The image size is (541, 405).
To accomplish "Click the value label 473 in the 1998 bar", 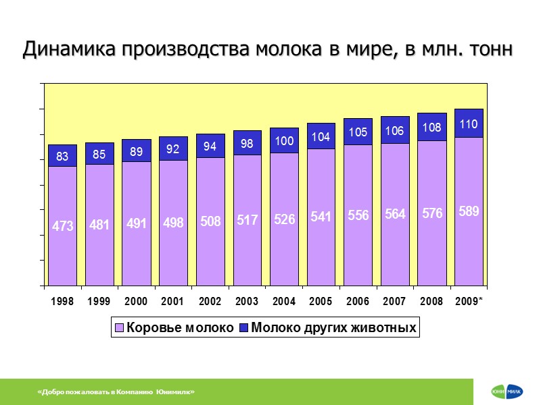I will click(x=63, y=227).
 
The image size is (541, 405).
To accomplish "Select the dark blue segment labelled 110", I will click(x=469, y=124).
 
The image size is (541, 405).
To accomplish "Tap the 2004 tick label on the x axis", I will click(x=284, y=302).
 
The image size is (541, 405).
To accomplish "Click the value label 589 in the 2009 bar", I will click(x=469, y=211).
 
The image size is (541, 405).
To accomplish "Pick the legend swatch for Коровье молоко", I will click(x=119, y=329).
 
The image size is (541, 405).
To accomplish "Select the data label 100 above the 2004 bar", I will click(x=284, y=141).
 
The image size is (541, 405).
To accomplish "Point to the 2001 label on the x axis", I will click(x=173, y=302).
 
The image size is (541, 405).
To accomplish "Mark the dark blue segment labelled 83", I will click(x=62, y=156).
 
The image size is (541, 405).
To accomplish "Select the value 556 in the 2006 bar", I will click(x=358, y=215).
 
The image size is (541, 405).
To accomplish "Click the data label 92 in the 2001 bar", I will click(x=173, y=148).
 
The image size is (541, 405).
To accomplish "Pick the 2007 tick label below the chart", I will click(x=394, y=302).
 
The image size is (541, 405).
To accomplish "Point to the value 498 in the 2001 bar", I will click(x=173, y=223).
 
